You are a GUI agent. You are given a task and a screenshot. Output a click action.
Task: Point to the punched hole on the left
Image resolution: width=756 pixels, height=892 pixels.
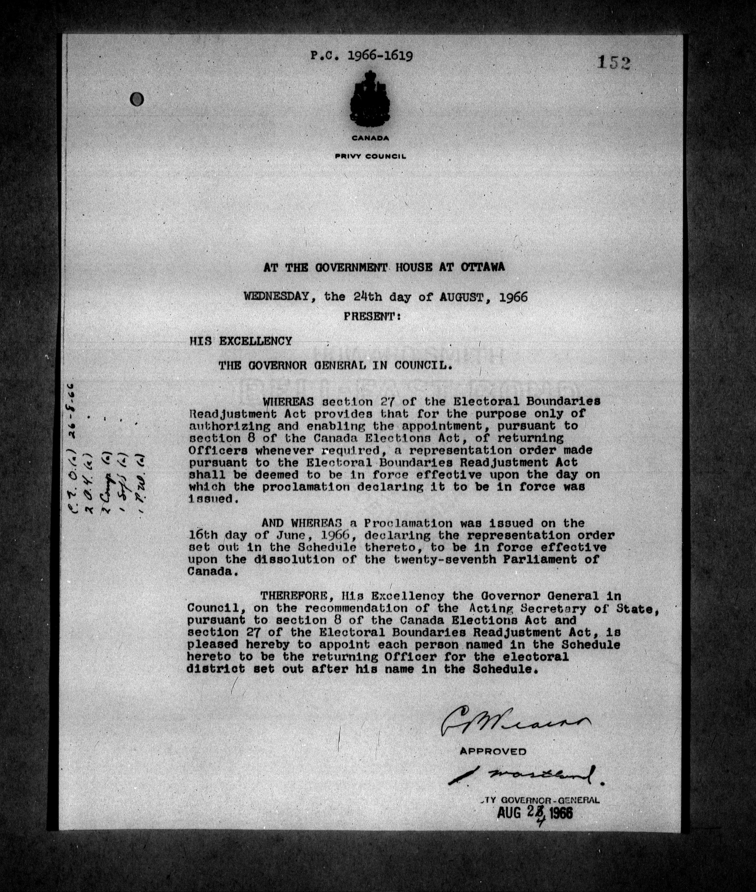138,100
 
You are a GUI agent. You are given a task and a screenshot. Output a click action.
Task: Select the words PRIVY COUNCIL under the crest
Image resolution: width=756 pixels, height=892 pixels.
370,157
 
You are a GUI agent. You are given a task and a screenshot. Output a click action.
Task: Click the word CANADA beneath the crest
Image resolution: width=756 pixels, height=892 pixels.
370,139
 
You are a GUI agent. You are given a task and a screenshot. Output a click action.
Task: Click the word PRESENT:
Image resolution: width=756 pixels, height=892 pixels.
372,317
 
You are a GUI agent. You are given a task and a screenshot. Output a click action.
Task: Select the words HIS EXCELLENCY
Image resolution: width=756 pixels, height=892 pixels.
240,341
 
